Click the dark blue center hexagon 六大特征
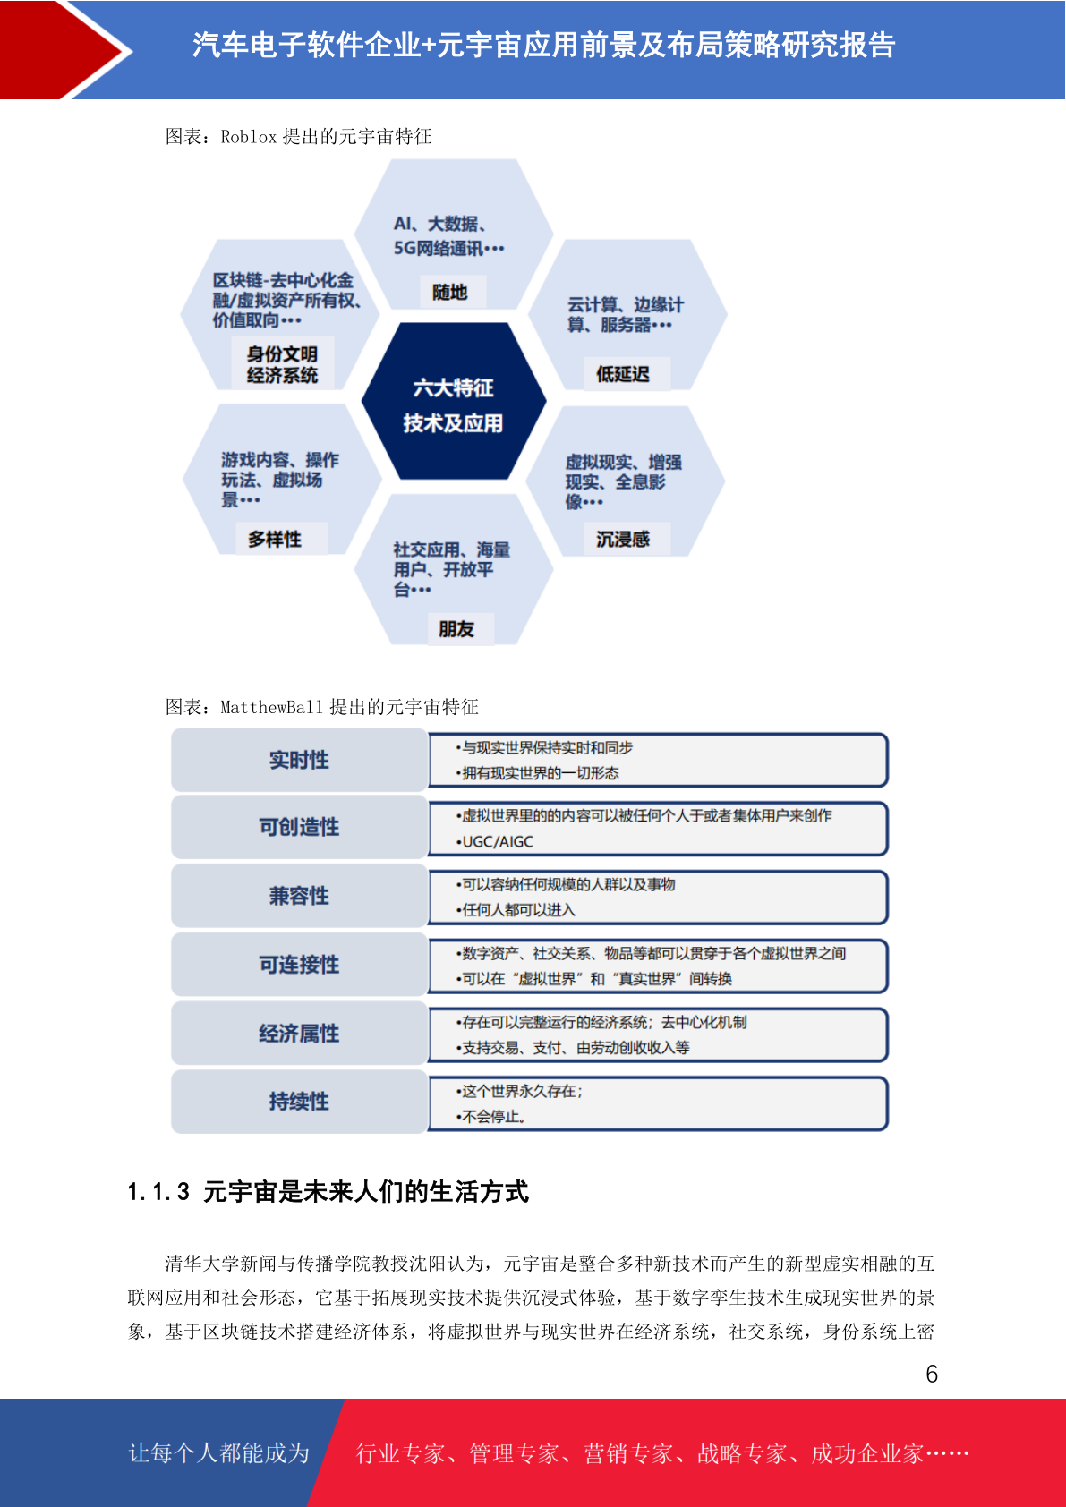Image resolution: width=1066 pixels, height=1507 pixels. [x=454, y=401]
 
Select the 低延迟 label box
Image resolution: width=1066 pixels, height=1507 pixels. [x=623, y=374]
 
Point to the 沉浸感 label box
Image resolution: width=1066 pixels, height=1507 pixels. [x=623, y=539]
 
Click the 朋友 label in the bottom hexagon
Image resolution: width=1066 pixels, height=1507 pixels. [x=457, y=629]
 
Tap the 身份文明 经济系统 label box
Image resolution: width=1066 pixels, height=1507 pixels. [x=283, y=363]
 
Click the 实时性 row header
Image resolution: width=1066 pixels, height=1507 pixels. [x=300, y=760]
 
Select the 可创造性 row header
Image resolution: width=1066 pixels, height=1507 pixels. [x=300, y=827]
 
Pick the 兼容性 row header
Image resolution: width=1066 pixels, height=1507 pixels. [x=300, y=896]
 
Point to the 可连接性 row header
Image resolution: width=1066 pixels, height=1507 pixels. [x=300, y=964]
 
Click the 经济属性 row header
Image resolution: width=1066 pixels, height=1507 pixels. [x=300, y=1033]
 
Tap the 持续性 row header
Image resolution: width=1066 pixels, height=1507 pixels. [x=300, y=1102]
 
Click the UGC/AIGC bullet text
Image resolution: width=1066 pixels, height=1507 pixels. [x=495, y=841]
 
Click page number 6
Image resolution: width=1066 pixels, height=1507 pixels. [x=932, y=1374]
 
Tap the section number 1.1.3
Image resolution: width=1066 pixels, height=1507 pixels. [x=158, y=1192]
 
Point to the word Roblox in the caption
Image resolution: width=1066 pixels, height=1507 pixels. [x=248, y=137]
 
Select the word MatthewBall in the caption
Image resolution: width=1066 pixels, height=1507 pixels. [x=272, y=707]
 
